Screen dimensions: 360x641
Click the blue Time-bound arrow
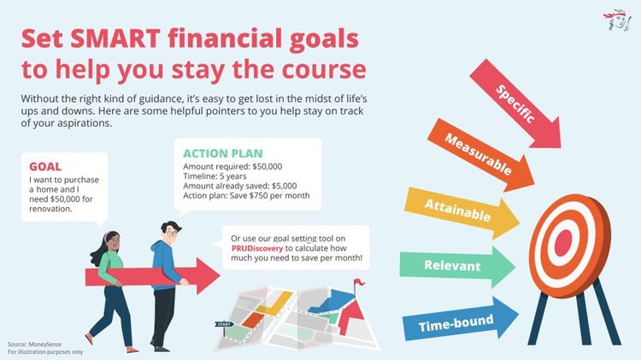(x=457, y=322)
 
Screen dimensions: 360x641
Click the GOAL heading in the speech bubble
(x=44, y=167)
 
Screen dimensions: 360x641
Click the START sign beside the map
(x=224, y=325)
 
